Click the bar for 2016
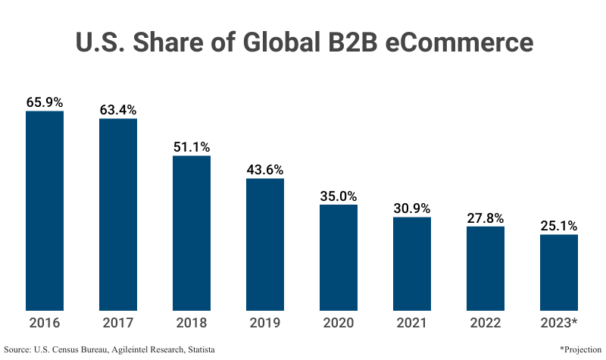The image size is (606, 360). pyautogui.click(x=45, y=211)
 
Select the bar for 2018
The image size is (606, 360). pyautogui.click(x=192, y=233)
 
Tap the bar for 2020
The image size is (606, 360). pyautogui.click(x=339, y=258)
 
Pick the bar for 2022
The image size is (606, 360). pyautogui.click(x=486, y=268)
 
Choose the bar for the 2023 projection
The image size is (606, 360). pyautogui.click(x=559, y=272)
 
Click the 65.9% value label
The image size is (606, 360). pyautogui.click(x=45, y=102)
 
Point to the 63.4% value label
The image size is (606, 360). pyautogui.click(x=118, y=109)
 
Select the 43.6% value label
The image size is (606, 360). pyautogui.click(x=265, y=169)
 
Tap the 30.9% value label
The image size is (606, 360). pyautogui.click(x=412, y=208)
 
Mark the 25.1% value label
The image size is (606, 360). pyautogui.click(x=559, y=225)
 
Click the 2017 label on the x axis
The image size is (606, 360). pyautogui.click(x=118, y=323)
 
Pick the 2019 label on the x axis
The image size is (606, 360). pyautogui.click(x=265, y=323)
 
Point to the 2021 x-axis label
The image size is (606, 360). pyautogui.click(x=412, y=323)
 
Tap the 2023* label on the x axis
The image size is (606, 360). pyautogui.click(x=559, y=323)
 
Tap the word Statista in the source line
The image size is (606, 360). pyautogui.click(x=200, y=349)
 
